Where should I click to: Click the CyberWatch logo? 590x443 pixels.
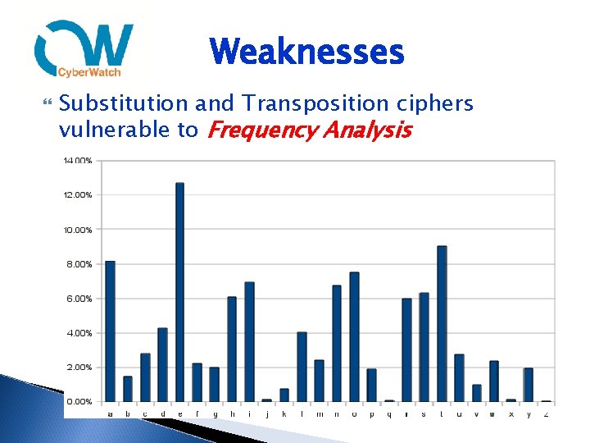pyautogui.click(x=84, y=50)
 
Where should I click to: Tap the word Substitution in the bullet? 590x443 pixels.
pyautogui.click(x=124, y=103)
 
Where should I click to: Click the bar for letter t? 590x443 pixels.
pyautogui.click(x=442, y=323)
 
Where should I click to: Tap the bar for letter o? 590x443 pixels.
pyautogui.click(x=354, y=336)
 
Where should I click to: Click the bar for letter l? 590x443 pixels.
pyautogui.click(x=302, y=366)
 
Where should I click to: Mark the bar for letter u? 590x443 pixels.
pyautogui.click(x=459, y=377)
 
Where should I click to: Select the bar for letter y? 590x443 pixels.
pyautogui.click(x=529, y=385)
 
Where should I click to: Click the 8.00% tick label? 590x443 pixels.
pyautogui.click(x=79, y=264)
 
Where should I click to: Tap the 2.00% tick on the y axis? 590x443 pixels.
pyautogui.click(x=79, y=368)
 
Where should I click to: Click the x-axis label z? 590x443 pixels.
pyautogui.click(x=546, y=413)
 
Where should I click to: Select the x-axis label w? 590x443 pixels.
pyautogui.click(x=493, y=413)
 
